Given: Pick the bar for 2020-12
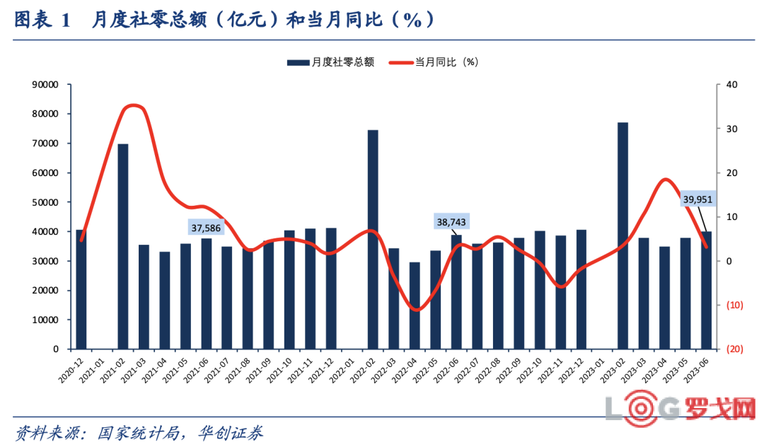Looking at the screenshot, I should (x=81, y=289).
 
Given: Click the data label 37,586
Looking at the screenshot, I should (x=207, y=227).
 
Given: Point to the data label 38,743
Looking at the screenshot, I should (x=453, y=222).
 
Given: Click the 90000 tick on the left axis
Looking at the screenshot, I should (x=46, y=84).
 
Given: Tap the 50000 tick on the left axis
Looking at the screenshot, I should (x=46, y=202).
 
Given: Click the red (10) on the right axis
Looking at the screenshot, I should (x=731, y=306).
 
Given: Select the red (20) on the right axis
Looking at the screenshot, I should (x=731, y=349).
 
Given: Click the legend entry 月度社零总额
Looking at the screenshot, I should (x=330, y=62).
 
